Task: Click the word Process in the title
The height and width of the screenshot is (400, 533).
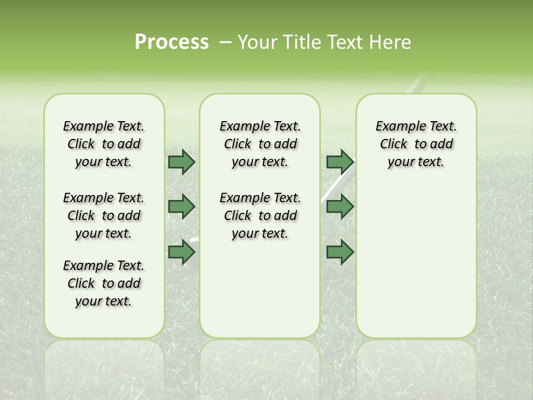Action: (x=172, y=42)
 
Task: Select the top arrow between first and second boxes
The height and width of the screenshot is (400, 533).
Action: (x=182, y=162)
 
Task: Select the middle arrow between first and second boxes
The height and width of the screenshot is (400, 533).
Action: (x=182, y=207)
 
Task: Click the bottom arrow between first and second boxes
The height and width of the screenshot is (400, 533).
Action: (x=182, y=252)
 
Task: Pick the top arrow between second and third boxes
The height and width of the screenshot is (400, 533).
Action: (x=340, y=162)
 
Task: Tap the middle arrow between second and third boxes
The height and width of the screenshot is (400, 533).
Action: (x=340, y=207)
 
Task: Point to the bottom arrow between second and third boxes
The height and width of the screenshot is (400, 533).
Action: (x=340, y=252)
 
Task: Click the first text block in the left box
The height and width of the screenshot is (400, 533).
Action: (x=104, y=144)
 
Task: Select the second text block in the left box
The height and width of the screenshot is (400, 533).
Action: (x=104, y=216)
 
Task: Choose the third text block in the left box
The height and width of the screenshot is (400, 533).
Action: (x=104, y=283)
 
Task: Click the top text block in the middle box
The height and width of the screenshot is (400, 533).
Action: (x=260, y=144)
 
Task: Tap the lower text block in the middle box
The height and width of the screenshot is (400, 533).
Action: (x=260, y=216)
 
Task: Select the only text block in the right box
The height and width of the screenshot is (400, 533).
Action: (x=416, y=144)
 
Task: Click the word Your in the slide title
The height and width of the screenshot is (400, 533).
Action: (x=255, y=42)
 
